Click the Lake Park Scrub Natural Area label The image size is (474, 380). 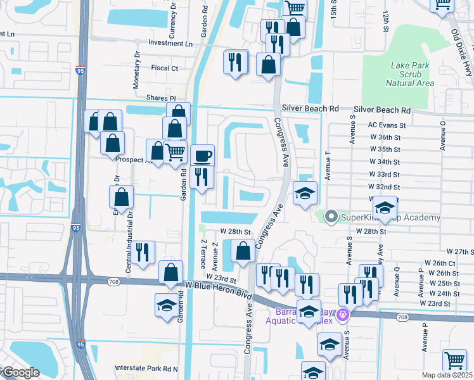(x=409, y=74)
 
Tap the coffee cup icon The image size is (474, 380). (x=203, y=156)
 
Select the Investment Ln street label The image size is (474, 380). (x=170, y=44)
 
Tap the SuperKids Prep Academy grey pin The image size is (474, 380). (x=330, y=217)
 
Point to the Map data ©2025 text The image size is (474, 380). (x=447, y=375)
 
